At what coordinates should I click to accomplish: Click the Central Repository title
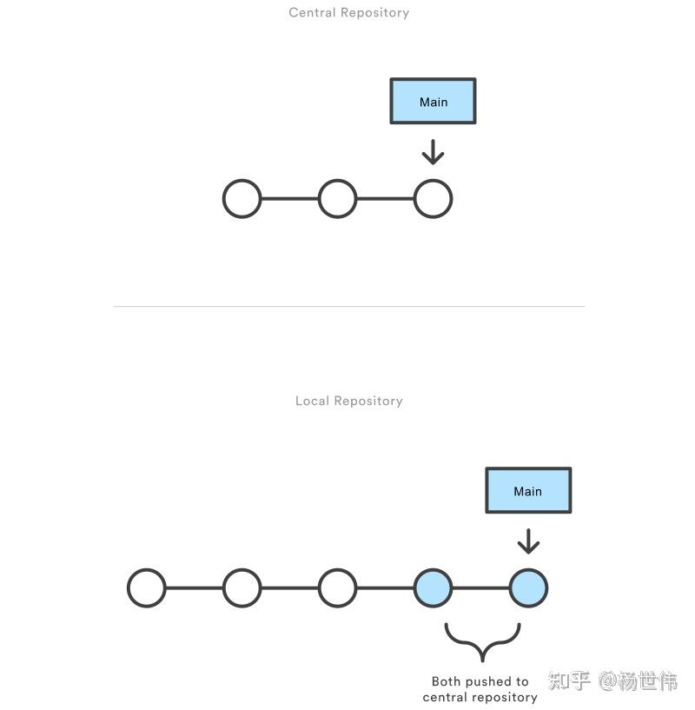[348, 13]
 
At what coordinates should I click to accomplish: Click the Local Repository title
[348, 401]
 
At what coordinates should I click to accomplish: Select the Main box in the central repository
[433, 102]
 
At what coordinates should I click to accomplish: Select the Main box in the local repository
[527, 491]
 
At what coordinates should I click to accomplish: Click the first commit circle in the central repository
[242, 199]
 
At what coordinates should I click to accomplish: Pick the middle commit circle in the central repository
[337, 199]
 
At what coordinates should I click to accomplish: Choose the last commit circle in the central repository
[433, 199]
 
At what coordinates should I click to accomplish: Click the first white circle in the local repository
[147, 588]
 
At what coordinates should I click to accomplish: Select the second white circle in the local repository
[242, 588]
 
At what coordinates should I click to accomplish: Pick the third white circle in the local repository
[337, 588]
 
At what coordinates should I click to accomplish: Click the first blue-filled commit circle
[433, 588]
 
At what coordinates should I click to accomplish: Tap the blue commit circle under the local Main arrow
[528, 588]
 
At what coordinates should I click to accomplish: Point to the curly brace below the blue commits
[482, 642]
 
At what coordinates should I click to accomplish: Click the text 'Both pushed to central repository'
[480, 689]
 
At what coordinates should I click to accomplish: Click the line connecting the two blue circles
[480, 588]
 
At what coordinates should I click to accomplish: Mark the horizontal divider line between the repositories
[348, 306]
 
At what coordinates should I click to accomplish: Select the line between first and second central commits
[289, 199]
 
